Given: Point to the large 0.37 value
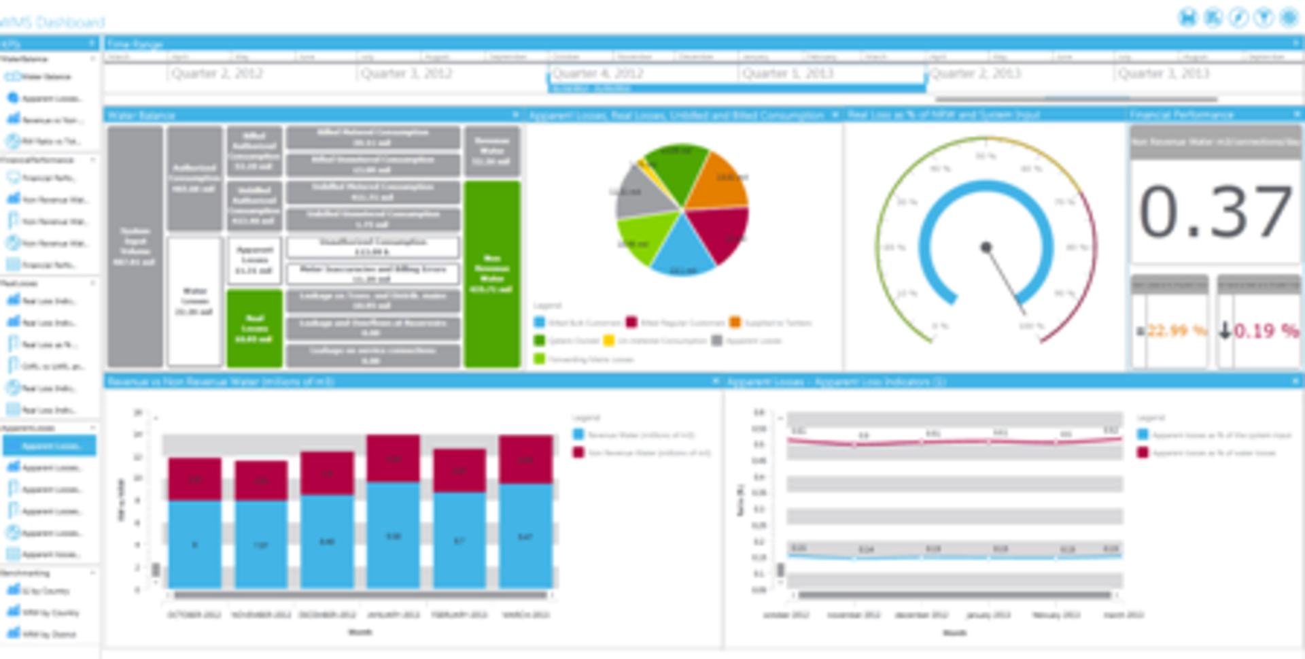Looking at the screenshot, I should pyautogui.click(x=1215, y=212).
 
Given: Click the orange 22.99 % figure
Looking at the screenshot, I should pyautogui.click(x=1176, y=331).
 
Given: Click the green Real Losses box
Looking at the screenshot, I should pyautogui.click(x=254, y=328).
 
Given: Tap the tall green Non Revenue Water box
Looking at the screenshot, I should pyautogui.click(x=492, y=273).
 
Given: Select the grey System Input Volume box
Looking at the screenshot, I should pyautogui.click(x=135, y=246).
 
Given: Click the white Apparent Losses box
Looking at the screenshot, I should pyautogui.click(x=254, y=260).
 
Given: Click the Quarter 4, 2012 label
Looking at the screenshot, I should pyautogui.click(x=597, y=73).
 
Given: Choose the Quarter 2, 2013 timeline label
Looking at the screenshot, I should pyautogui.click(x=975, y=73).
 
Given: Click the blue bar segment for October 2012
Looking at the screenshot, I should pyautogui.click(x=194, y=544).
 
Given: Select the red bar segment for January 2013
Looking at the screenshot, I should pyautogui.click(x=393, y=459).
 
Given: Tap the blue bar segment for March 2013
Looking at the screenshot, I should pyautogui.click(x=525, y=536).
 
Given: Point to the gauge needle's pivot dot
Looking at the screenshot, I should pyautogui.click(x=986, y=247).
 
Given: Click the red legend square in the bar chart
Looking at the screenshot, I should pyautogui.click(x=578, y=452).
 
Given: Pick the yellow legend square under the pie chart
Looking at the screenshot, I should pyautogui.click(x=609, y=341).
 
